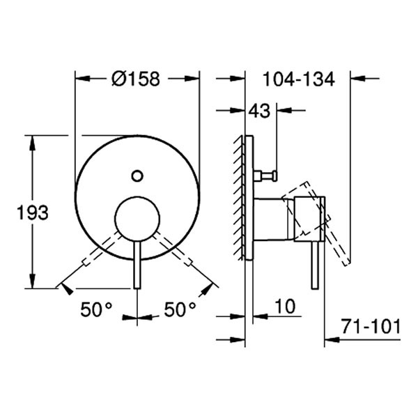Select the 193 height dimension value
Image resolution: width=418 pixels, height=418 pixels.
pyautogui.click(x=32, y=213)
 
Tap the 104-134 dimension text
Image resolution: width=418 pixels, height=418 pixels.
pyautogui.click(x=299, y=79)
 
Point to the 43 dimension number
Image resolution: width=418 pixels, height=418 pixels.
pyautogui.click(x=261, y=110)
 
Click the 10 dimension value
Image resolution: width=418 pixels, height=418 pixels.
pyautogui.click(x=286, y=306)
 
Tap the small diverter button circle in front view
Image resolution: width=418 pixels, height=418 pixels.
pyautogui.click(x=138, y=176)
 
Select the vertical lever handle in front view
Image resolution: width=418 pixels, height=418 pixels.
pyautogui.click(x=137, y=265)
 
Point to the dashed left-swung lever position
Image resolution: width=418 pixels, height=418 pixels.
pyautogui.click(x=94, y=254)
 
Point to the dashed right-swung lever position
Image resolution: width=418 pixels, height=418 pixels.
pyautogui.click(x=180, y=254)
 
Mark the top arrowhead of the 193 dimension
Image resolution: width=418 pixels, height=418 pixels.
pyautogui.click(x=31, y=140)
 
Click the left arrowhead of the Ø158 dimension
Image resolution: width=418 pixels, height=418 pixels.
pyautogui.click(x=79, y=79)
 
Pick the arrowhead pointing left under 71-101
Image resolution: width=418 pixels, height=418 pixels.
pyautogui.click(x=331, y=341)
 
